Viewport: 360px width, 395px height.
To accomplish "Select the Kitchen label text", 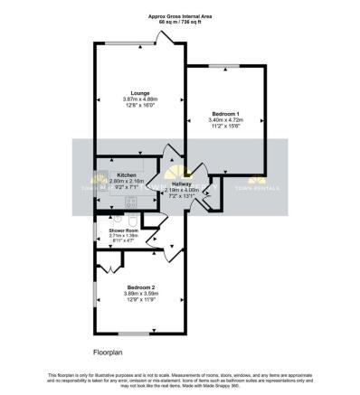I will [126, 174].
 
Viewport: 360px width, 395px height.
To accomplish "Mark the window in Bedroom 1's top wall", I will [223, 66].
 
